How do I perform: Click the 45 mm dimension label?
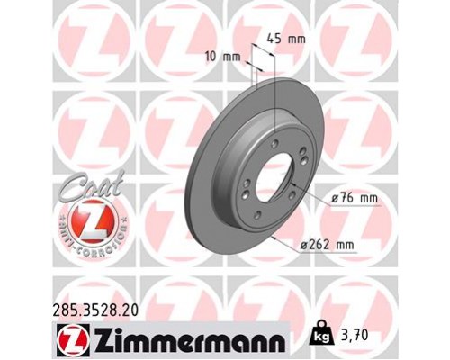click(x=287, y=39)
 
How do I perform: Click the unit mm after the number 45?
click(x=297, y=39)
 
